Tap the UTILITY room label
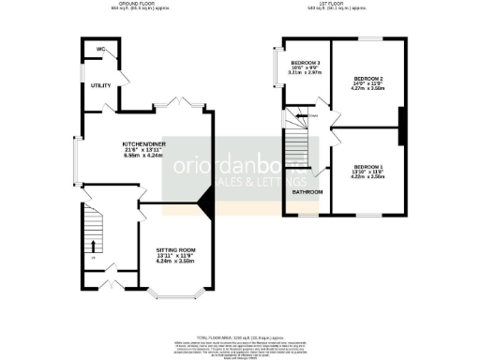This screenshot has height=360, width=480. [x=101, y=85]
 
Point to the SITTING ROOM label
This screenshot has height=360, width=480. [x=175, y=247]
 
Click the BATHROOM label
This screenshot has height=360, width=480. [x=307, y=191]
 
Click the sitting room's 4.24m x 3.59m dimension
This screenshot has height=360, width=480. [x=175, y=262]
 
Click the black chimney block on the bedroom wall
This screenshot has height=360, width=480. [x=401, y=127]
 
